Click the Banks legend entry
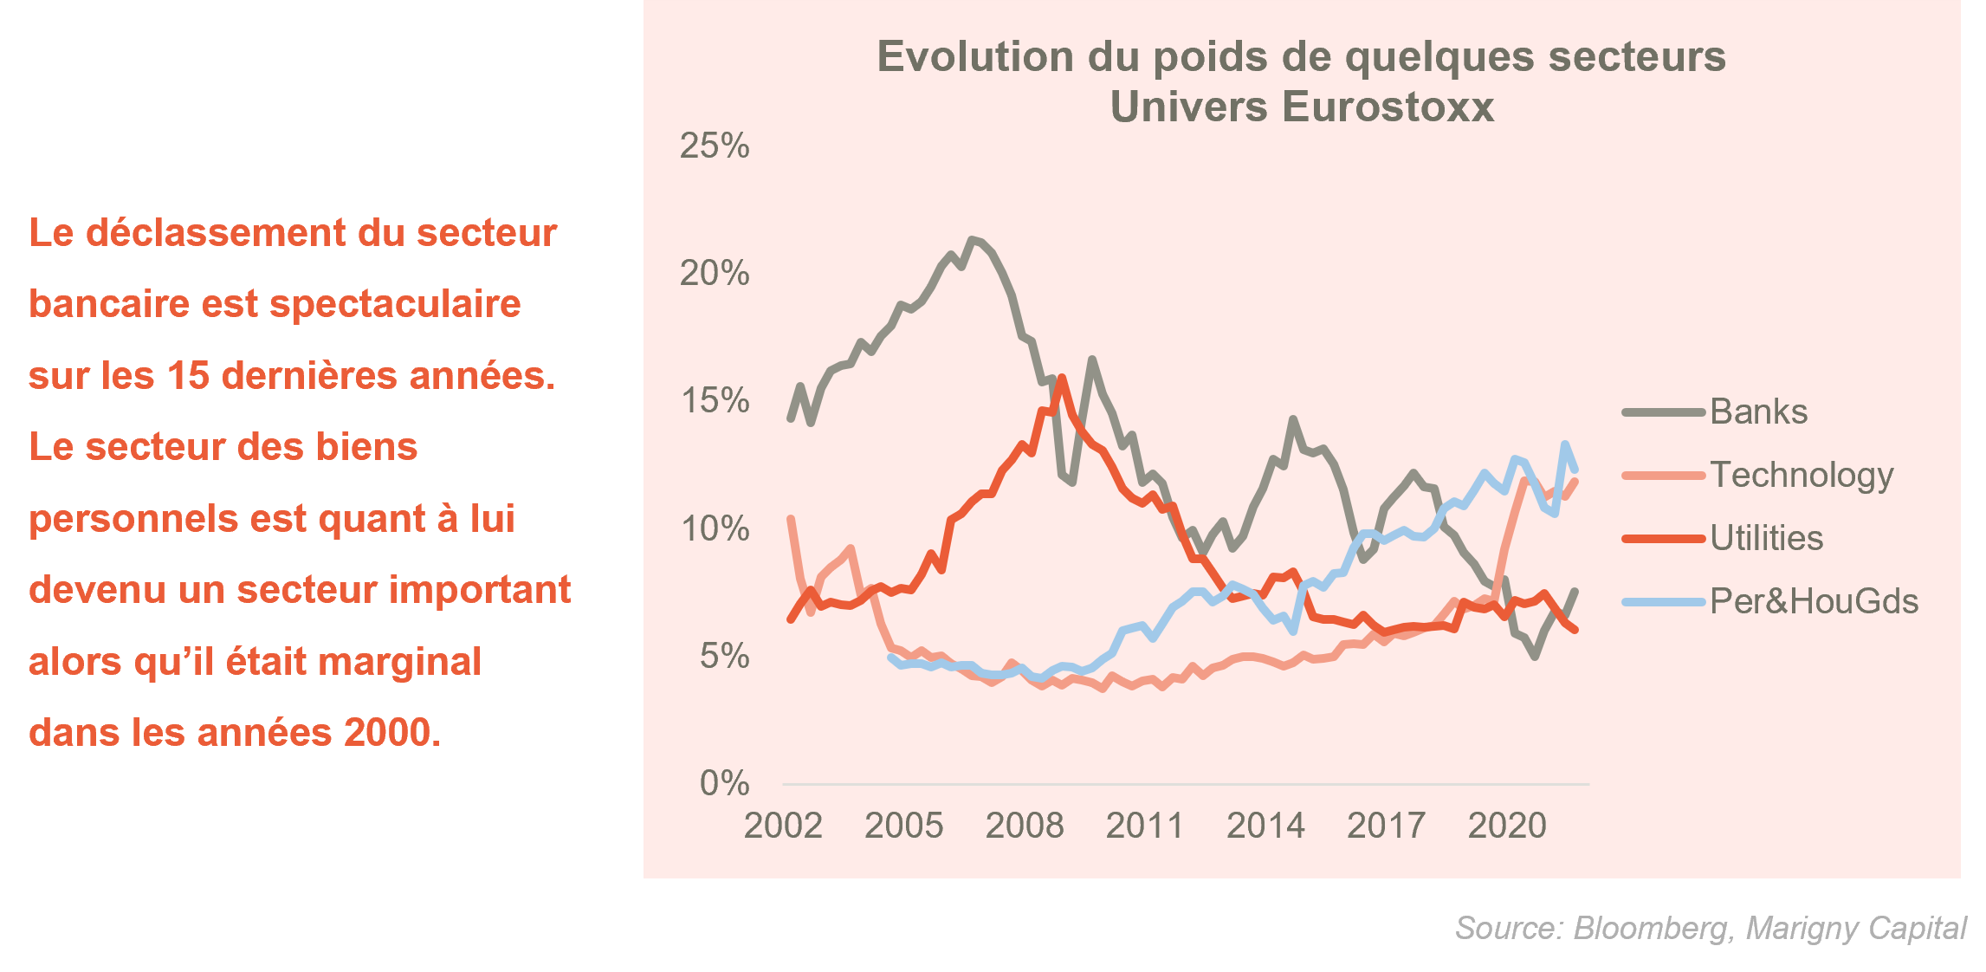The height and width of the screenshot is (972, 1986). point(1758,412)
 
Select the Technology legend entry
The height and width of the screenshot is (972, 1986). point(1801,476)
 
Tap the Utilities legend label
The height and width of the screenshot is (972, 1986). point(1766,539)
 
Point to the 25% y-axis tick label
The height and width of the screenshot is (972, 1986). point(715,146)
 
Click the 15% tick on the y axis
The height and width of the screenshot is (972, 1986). point(715,401)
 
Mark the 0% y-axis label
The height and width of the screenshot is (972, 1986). point(724,783)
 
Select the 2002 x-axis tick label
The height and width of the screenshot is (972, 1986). point(783,826)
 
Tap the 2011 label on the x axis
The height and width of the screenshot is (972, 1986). point(1145,826)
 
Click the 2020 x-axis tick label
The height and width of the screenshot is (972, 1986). point(1507,826)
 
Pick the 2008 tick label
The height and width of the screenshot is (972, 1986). point(1025,826)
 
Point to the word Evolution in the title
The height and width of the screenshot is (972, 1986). point(976,57)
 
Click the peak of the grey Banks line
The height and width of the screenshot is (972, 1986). point(972,239)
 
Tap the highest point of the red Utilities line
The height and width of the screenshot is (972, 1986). point(1062,378)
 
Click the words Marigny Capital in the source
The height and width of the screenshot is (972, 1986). point(1856,929)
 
